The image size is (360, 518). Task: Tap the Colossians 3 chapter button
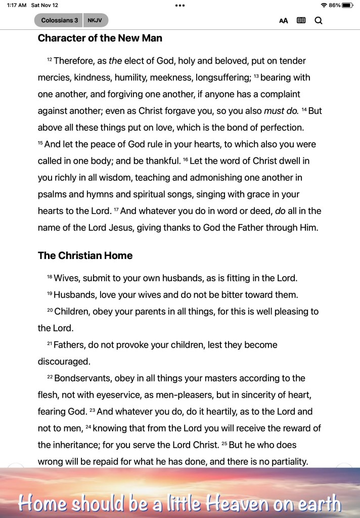pyautogui.click(x=59, y=21)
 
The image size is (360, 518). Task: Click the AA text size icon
pyautogui.click(x=284, y=21)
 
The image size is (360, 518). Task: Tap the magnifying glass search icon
pyautogui.click(x=319, y=21)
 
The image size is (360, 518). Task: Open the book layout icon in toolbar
pyautogui.click(x=301, y=21)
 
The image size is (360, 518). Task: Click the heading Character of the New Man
pyautogui.click(x=100, y=38)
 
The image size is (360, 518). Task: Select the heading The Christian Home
pyautogui.click(x=85, y=256)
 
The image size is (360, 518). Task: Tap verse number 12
pyautogui.click(x=50, y=60)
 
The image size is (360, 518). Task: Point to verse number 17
pyautogui.click(x=116, y=210)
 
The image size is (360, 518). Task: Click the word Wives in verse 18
pyautogui.click(x=66, y=278)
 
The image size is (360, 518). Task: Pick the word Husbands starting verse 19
pyautogui.click(x=74, y=295)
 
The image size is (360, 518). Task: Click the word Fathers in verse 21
pyautogui.click(x=68, y=345)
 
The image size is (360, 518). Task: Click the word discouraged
pyautogui.click(x=64, y=362)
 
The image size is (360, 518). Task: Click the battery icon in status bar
pyautogui.click(x=348, y=5)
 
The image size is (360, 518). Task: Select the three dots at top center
pyautogui.click(x=180, y=5)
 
